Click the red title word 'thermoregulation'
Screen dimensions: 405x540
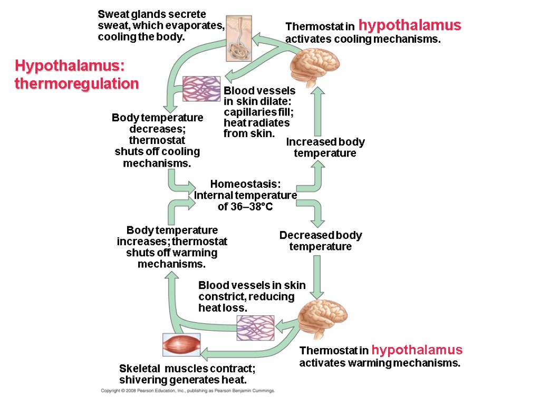pyautogui.click(x=77, y=84)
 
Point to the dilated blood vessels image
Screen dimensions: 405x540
pyautogui.click(x=201, y=89)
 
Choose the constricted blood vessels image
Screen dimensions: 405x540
pyautogui.click(x=255, y=327)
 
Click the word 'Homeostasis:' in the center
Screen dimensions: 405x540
pyautogui.click(x=246, y=184)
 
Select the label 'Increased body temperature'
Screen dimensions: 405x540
pyautogui.click(x=325, y=148)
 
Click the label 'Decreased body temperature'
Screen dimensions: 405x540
pyautogui.click(x=321, y=241)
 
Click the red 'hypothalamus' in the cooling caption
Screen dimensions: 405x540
pyautogui.click(x=410, y=25)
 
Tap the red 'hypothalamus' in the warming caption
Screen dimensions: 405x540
pyautogui.click(x=417, y=350)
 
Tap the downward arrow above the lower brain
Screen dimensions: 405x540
pyautogui.click(x=317, y=277)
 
